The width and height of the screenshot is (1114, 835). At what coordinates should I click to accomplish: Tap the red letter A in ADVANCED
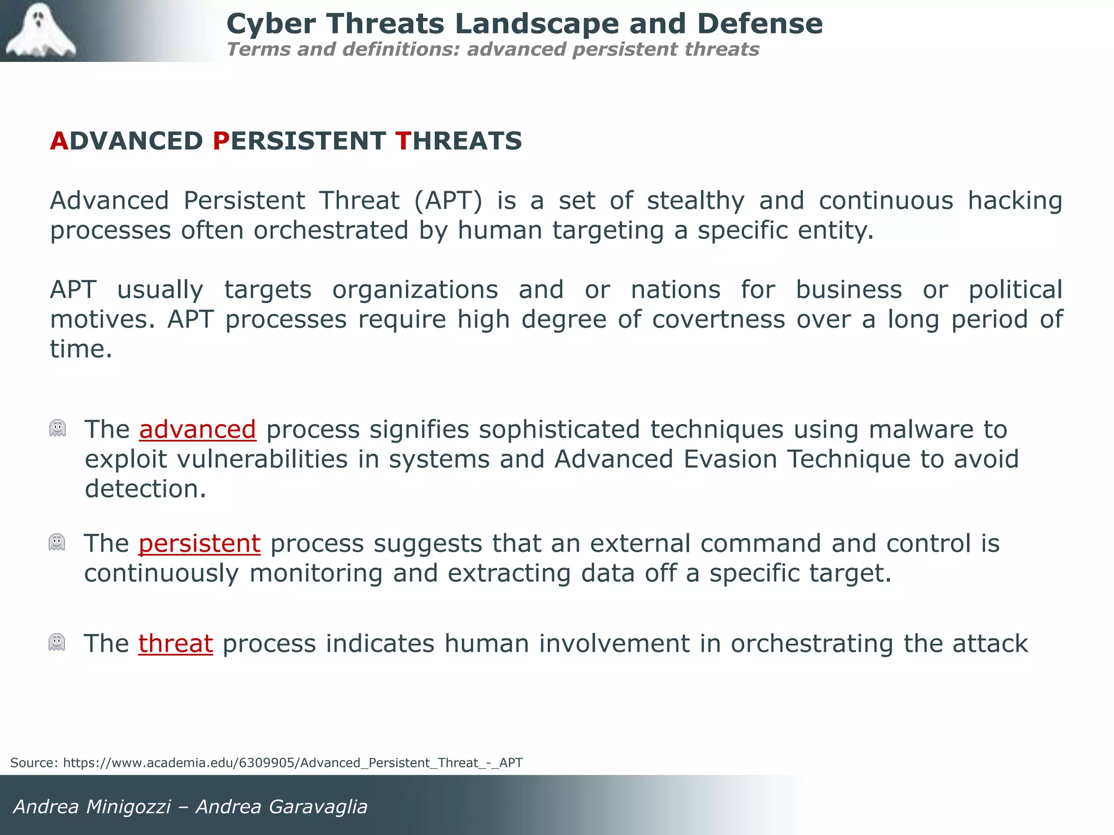(x=59, y=141)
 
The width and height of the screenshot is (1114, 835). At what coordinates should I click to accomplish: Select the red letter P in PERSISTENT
(x=221, y=141)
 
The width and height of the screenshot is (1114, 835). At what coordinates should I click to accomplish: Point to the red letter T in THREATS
(x=403, y=141)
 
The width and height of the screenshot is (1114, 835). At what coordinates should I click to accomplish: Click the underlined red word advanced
(x=197, y=429)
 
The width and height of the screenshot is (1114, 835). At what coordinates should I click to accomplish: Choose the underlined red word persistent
(x=200, y=544)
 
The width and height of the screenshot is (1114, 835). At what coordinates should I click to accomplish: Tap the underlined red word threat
(x=176, y=644)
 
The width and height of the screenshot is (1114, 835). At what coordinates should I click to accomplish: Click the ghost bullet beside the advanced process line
(x=58, y=428)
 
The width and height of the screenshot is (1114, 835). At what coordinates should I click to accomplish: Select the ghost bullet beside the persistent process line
(x=57, y=543)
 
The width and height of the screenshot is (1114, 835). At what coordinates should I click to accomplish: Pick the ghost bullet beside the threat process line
(x=57, y=643)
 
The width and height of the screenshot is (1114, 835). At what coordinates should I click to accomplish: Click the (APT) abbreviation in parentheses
(x=448, y=201)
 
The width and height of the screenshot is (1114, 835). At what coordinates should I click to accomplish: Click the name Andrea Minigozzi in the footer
(x=92, y=807)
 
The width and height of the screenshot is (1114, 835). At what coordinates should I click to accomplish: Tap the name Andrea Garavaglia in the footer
(x=282, y=807)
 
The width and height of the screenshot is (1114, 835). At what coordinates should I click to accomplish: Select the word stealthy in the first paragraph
(x=696, y=201)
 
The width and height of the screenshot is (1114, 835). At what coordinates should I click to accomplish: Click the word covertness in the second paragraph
(x=719, y=320)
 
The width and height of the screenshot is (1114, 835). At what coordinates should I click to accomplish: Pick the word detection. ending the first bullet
(x=146, y=489)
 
